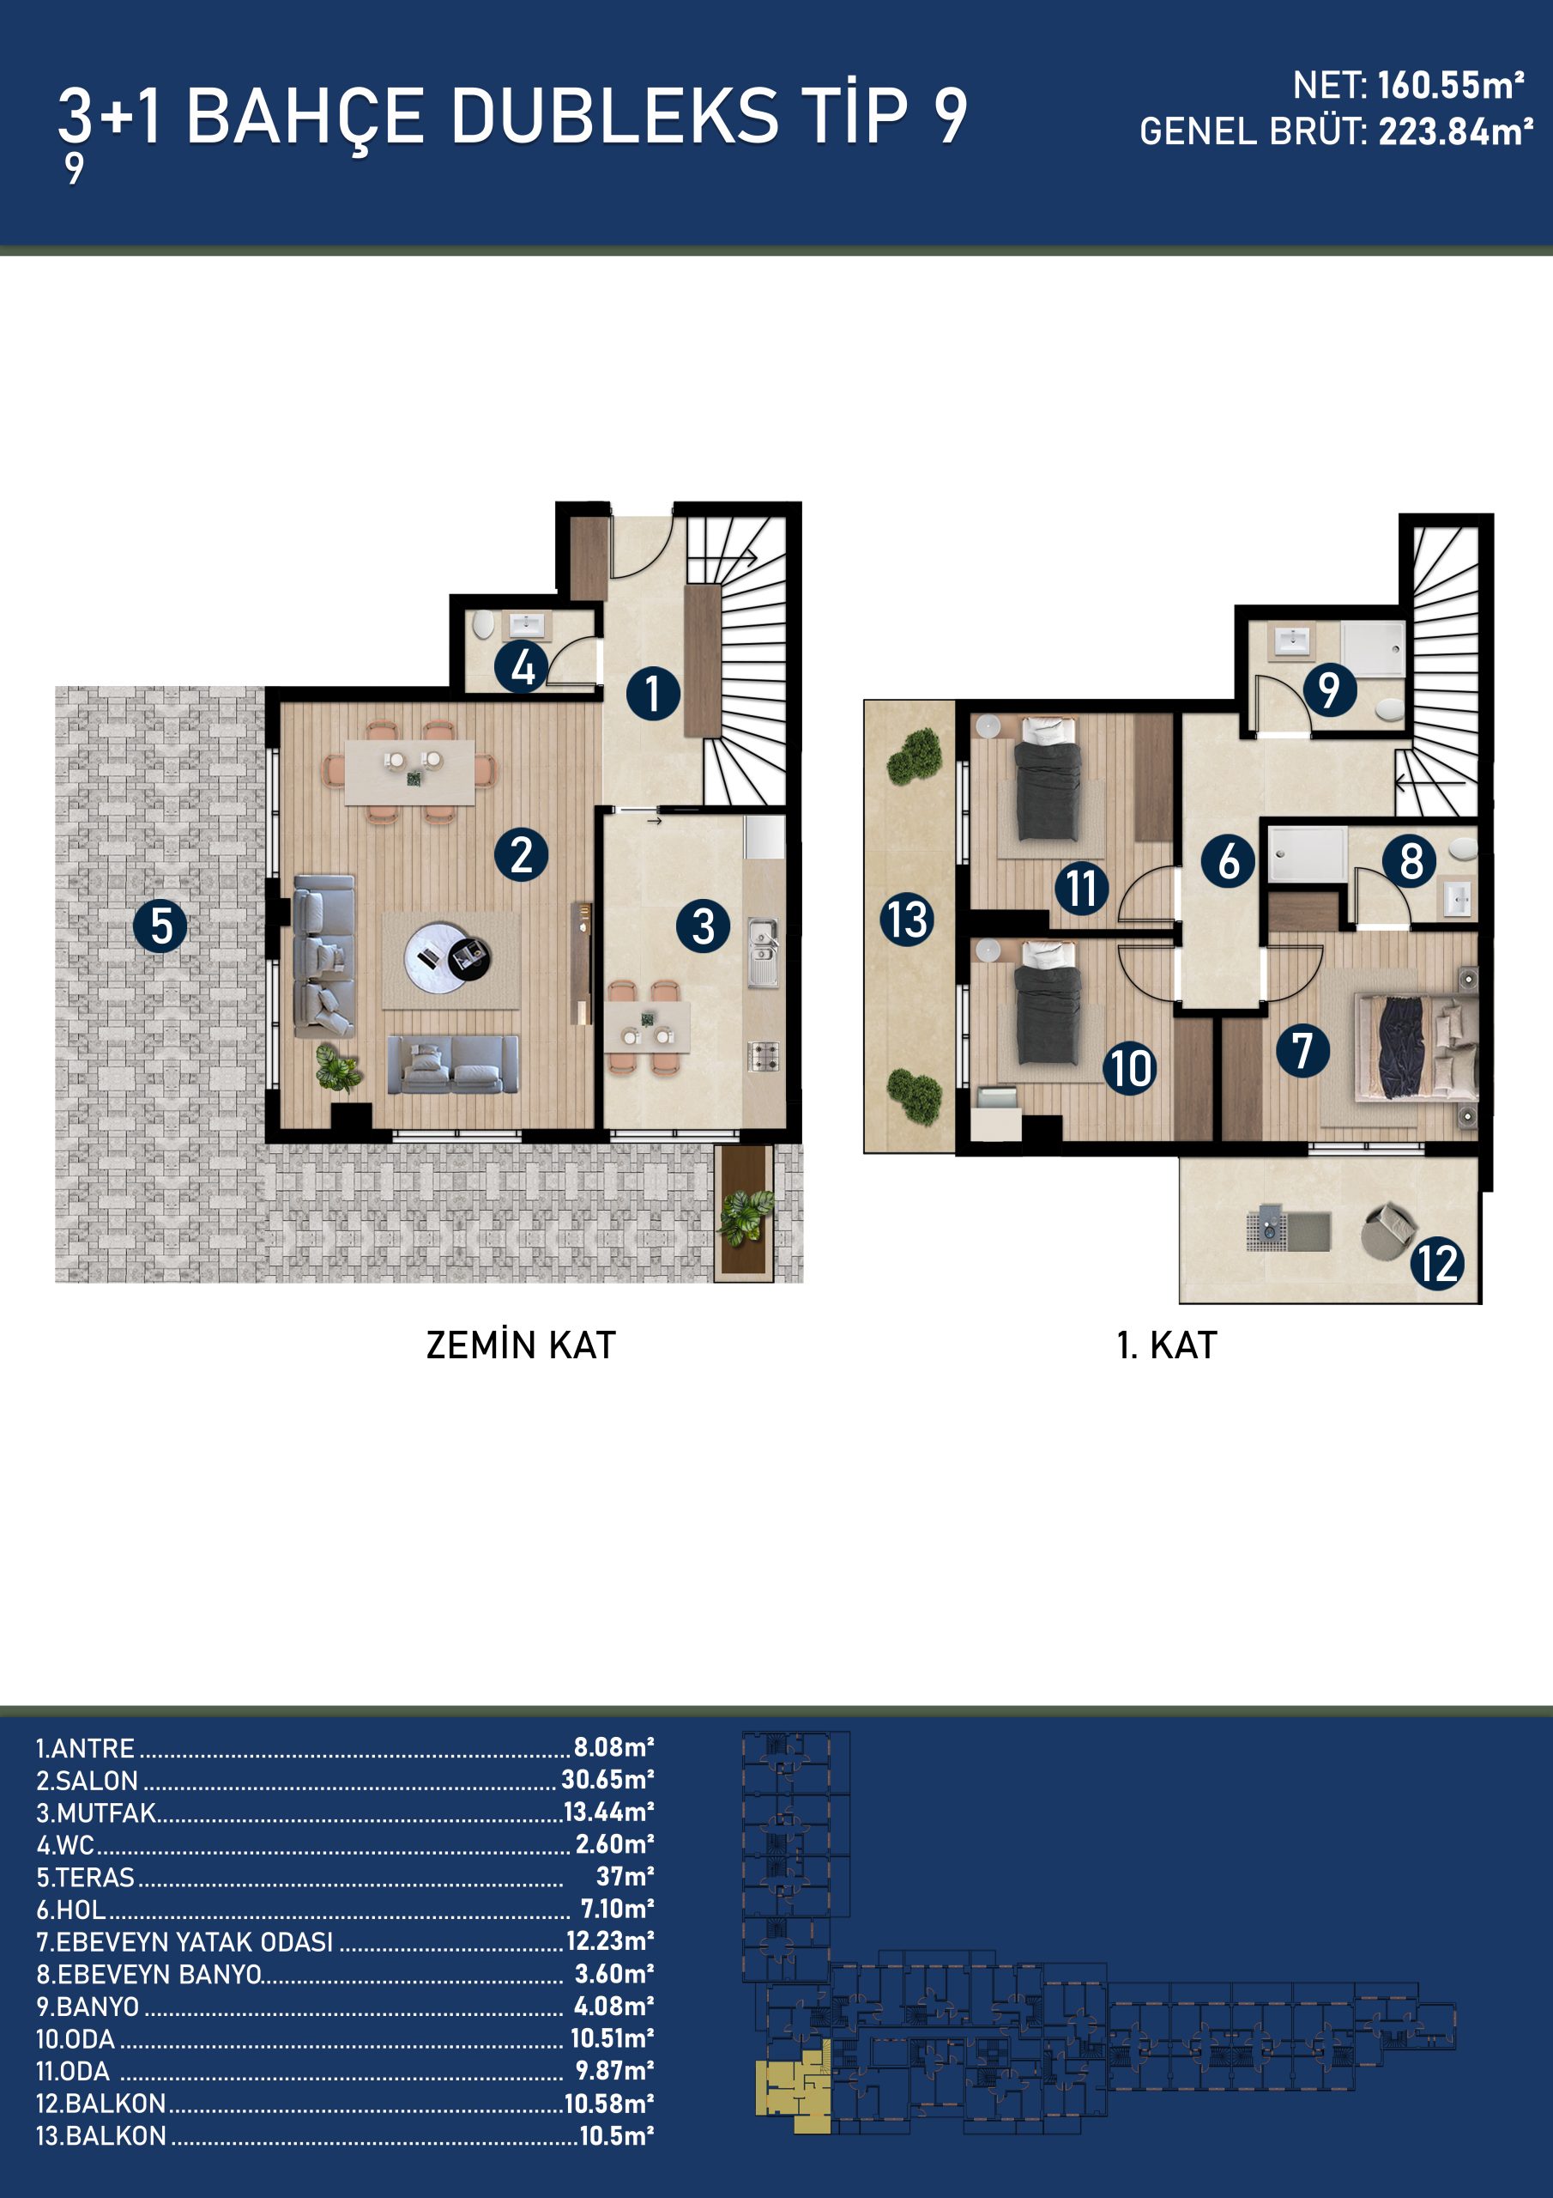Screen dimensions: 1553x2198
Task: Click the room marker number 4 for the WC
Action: tap(522, 667)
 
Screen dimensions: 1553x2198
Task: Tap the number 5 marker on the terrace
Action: tap(160, 926)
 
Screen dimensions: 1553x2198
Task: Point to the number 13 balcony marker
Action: tap(906, 920)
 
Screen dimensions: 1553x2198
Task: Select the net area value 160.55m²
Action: tap(1451, 85)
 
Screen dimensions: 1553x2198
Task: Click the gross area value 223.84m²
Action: tap(1455, 131)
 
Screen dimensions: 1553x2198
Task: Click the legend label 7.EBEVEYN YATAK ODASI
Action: tap(184, 1941)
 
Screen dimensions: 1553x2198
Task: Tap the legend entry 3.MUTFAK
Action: tap(96, 1813)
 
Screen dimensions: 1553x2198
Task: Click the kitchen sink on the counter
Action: tap(763, 951)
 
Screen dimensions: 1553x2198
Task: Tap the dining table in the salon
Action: tap(408, 772)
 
